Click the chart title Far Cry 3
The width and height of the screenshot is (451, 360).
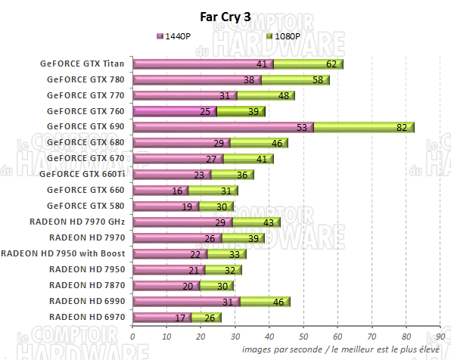[225, 17]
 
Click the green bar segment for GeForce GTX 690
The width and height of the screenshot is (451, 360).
[363, 127]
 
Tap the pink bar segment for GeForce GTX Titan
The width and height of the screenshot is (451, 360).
[202, 64]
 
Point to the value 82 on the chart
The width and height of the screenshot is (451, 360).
[402, 127]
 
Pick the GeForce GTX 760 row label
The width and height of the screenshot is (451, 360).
[86, 111]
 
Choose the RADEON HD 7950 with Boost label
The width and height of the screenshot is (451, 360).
[64, 253]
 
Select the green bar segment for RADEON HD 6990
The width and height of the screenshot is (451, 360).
[265, 301]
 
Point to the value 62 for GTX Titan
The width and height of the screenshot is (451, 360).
[331, 64]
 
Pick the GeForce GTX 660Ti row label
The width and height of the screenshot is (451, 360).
[83, 175]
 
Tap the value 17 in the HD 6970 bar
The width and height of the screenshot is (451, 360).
[180, 317]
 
